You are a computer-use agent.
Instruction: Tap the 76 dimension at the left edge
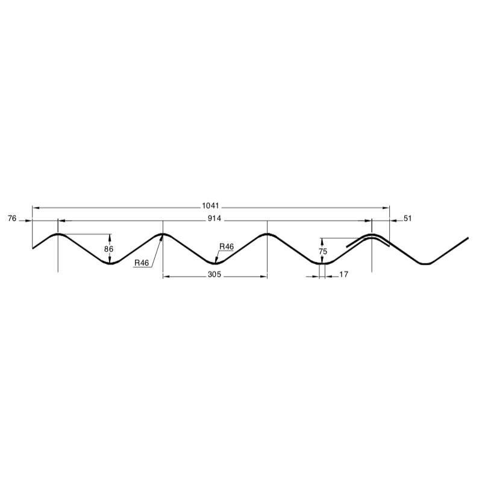point(11,218)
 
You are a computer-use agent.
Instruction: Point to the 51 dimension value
point(407,218)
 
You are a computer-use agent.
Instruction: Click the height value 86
point(108,248)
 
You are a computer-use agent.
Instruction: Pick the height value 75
point(323,251)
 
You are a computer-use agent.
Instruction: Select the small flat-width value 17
point(343,274)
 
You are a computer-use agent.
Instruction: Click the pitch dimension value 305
point(215,274)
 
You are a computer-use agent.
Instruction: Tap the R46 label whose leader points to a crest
point(142,263)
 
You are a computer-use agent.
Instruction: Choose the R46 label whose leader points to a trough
point(227,246)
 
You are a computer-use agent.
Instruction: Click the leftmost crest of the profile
point(58,234)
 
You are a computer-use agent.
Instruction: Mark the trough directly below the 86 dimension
point(110,263)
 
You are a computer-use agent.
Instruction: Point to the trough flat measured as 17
point(322,263)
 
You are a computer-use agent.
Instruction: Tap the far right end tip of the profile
point(468,239)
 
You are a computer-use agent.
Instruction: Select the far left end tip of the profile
point(33,248)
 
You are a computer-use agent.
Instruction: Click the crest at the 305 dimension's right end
point(267,234)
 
